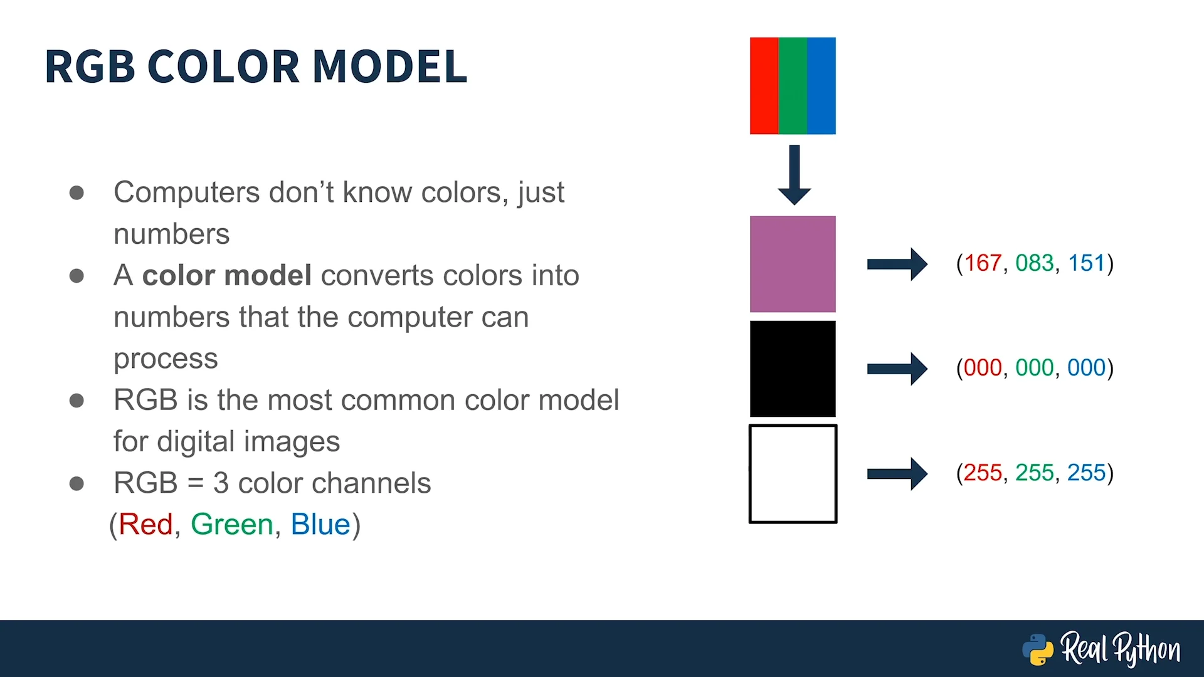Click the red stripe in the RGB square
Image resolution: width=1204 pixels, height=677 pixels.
tap(764, 86)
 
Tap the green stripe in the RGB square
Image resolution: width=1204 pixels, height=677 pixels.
tap(793, 86)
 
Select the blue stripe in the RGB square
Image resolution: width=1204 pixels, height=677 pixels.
tap(821, 86)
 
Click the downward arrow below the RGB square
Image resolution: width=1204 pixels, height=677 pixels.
tap(795, 175)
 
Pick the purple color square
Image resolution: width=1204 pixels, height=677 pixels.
tap(793, 264)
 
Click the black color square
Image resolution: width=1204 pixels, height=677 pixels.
tap(793, 369)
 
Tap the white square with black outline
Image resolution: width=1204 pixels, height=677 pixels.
tap(793, 474)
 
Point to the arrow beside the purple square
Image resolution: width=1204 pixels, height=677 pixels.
tap(897, 264)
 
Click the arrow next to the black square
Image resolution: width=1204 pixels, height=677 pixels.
tap(897, 369)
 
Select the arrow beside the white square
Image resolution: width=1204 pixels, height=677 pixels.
tap(897, 474)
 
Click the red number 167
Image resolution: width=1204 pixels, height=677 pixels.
tap(983, 263)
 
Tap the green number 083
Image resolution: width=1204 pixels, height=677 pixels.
tap(1034, 263)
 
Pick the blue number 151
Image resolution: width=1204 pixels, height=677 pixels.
tap(1086, 263)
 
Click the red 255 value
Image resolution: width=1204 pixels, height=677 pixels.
tap(983, 473)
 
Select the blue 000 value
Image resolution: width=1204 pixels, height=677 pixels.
tap(1086, 368)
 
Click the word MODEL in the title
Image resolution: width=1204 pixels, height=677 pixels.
tap(389, 66)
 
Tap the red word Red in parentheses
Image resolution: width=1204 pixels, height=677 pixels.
tap(145, 524)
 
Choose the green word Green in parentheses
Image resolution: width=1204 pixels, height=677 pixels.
tap(232, 524)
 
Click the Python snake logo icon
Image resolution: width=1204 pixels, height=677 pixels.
tap(1038, 649)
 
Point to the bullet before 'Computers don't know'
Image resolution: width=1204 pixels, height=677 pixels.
tap(77, 192)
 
